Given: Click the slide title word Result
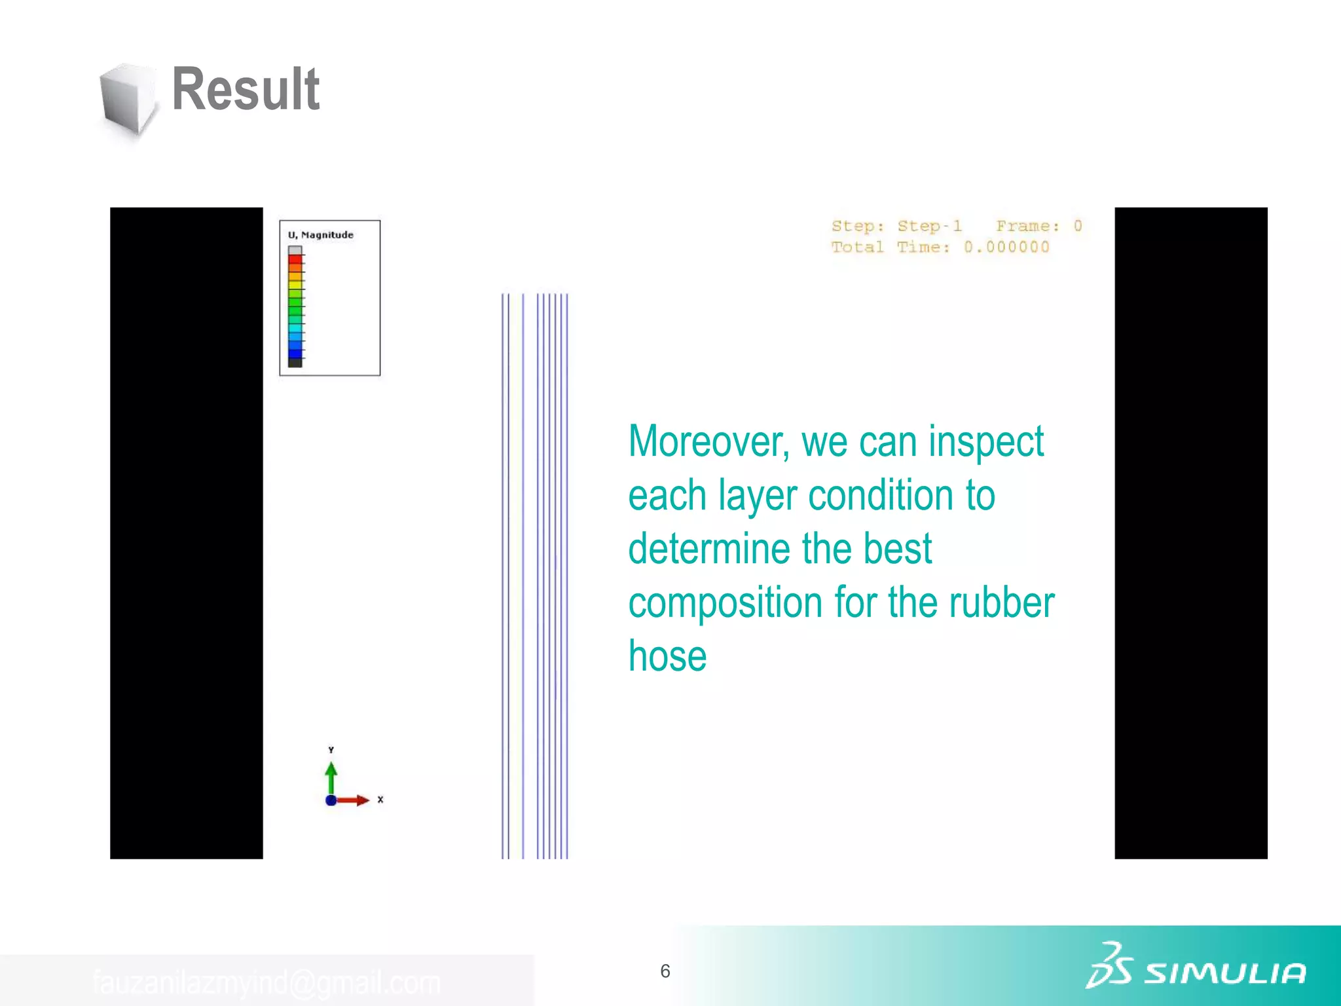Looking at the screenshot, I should coord(246,90).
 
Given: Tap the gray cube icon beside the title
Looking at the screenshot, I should coord(128,100).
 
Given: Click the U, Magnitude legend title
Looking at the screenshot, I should coord(321,235).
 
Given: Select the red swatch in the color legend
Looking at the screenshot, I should coord(295,259).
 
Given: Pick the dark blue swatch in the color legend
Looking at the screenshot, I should coord(295,354).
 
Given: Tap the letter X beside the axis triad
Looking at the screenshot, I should coord(380,800).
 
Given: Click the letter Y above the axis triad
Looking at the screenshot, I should coord(331,750).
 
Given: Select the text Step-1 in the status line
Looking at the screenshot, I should coord(929,226).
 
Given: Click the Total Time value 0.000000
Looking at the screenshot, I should coord(1006,247).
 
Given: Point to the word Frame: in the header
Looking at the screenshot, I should coord(1027,226).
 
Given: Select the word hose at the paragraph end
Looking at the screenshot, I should coord(667,656).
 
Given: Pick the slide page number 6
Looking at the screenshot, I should coord(665,971).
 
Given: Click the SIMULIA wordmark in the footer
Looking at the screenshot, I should coord(1224,973).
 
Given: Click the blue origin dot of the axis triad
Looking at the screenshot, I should coord(331,800).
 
